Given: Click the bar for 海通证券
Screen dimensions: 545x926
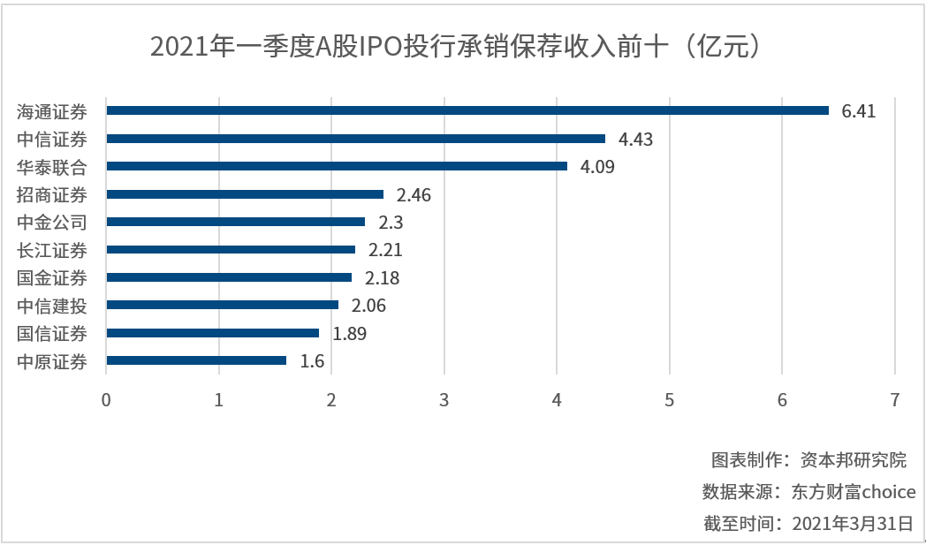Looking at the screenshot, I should pos(467,110).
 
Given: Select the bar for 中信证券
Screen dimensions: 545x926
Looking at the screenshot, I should pos(355,139).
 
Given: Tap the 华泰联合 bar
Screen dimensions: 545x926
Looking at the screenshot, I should pos(337,166).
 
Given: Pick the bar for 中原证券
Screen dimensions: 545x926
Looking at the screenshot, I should pos(196,360).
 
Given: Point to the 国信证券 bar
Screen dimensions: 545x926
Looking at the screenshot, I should pos(212,333).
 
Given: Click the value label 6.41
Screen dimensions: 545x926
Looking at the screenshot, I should pos(859,111).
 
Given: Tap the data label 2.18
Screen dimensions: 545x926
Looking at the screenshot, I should pos(382,278).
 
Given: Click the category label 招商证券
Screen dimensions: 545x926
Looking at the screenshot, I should pos(52,194).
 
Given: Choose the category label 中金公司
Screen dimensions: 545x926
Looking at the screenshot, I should pos(52,223).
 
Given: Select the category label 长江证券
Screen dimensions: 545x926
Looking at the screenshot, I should pos(52,250).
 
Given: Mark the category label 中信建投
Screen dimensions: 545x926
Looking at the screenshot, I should pos(52,306).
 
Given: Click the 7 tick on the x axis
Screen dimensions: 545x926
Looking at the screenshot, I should pos(895,399).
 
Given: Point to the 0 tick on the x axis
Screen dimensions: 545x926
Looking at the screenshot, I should pos(106,399).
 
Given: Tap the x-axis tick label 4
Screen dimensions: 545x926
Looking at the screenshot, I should pos(557,399).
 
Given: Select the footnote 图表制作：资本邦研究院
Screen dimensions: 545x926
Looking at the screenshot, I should pos(808,460).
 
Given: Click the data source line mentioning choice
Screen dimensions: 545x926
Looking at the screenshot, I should pos(808,492).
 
